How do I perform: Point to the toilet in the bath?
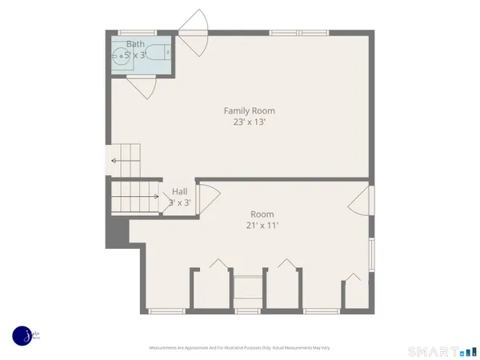[x=160, y=54]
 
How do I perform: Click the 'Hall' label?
[x=180, y=192]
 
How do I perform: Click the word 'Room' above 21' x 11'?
[x=262, y=214]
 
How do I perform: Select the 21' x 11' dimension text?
[x=262, y=226]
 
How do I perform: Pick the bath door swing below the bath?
[x=142, y=87]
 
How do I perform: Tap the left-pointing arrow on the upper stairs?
[x=114, y=161]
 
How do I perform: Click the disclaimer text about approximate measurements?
[x=240, y=348]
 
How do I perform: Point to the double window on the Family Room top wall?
[x=298, y=33]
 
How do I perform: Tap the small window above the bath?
[x=137, y=33]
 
